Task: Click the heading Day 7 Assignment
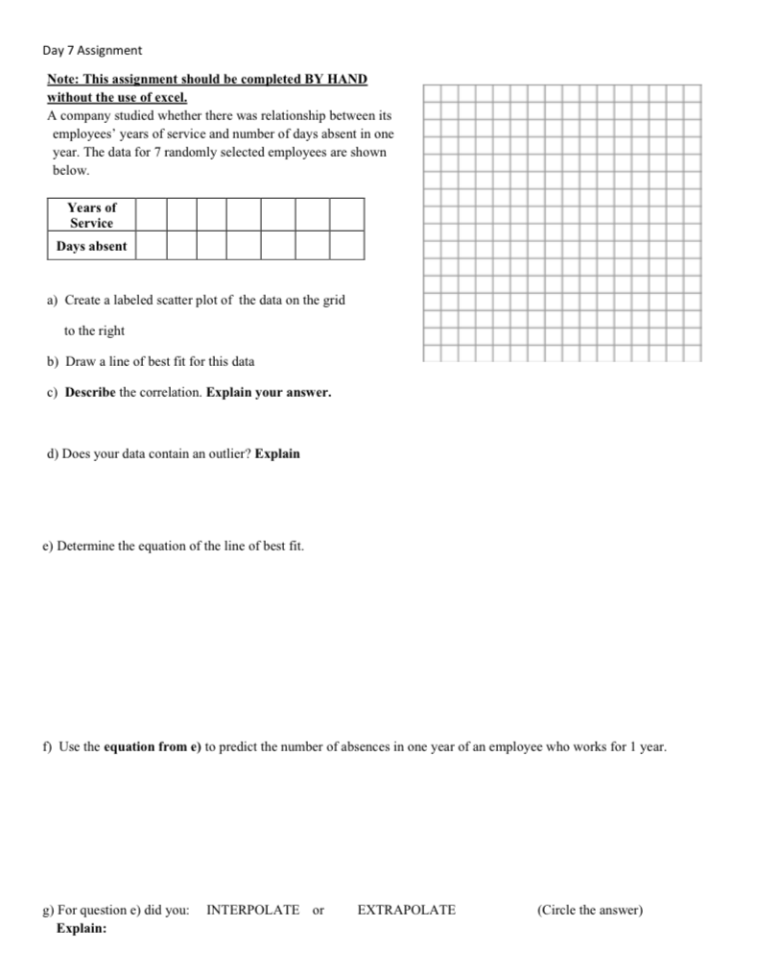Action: [92, 49]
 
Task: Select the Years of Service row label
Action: [91, 215]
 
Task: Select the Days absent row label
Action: [91, 246]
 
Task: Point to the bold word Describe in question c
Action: [90, 393]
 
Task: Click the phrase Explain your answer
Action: [269, 393]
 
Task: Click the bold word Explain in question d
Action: [277, 453]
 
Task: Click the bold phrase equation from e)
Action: [153, 746]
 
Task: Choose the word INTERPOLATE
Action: [252, 910]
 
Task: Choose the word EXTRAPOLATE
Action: [406, 910]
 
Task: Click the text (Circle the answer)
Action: [589, 910]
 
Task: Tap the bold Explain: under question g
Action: [82, 929]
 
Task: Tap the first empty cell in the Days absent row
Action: [153, 246]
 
